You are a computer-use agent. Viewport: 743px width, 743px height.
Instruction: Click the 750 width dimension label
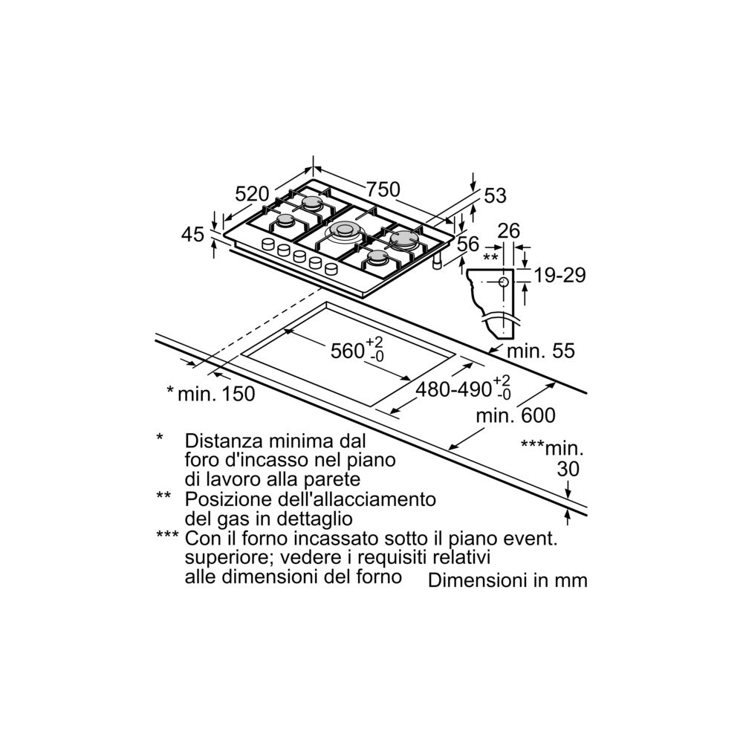click(x=381, y=189)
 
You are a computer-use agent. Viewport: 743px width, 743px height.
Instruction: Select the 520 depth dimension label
click(x=252, y=194)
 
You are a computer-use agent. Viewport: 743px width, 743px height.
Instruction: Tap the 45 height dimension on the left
click(x=192, y=234)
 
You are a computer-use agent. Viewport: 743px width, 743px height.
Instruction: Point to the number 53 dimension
click(x=495, y=195)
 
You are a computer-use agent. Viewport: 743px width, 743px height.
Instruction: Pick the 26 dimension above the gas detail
click(x=508, y=230)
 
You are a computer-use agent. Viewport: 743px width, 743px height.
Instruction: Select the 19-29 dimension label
click(x=560, y=276)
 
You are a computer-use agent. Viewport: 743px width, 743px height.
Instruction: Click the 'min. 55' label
click(x=542, y=351)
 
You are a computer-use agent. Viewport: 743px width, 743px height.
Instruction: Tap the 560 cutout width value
click(x=346, y=350)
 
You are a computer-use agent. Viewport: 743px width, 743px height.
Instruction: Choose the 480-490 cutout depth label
click(x=454, y=389)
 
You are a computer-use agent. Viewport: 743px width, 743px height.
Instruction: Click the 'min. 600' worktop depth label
click(x=516, y=415)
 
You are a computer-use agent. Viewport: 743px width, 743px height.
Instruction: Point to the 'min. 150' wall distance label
click(x=216, y=394)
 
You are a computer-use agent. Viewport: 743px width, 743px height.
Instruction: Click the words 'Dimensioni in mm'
click(x=507, y=580)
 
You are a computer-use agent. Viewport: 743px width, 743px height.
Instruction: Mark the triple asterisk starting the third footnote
click(x=167, y=536)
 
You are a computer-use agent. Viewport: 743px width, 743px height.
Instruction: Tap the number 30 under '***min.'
click(x=567, y=470)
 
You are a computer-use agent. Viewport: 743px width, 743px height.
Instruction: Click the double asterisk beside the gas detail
click(x=490, y=257)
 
